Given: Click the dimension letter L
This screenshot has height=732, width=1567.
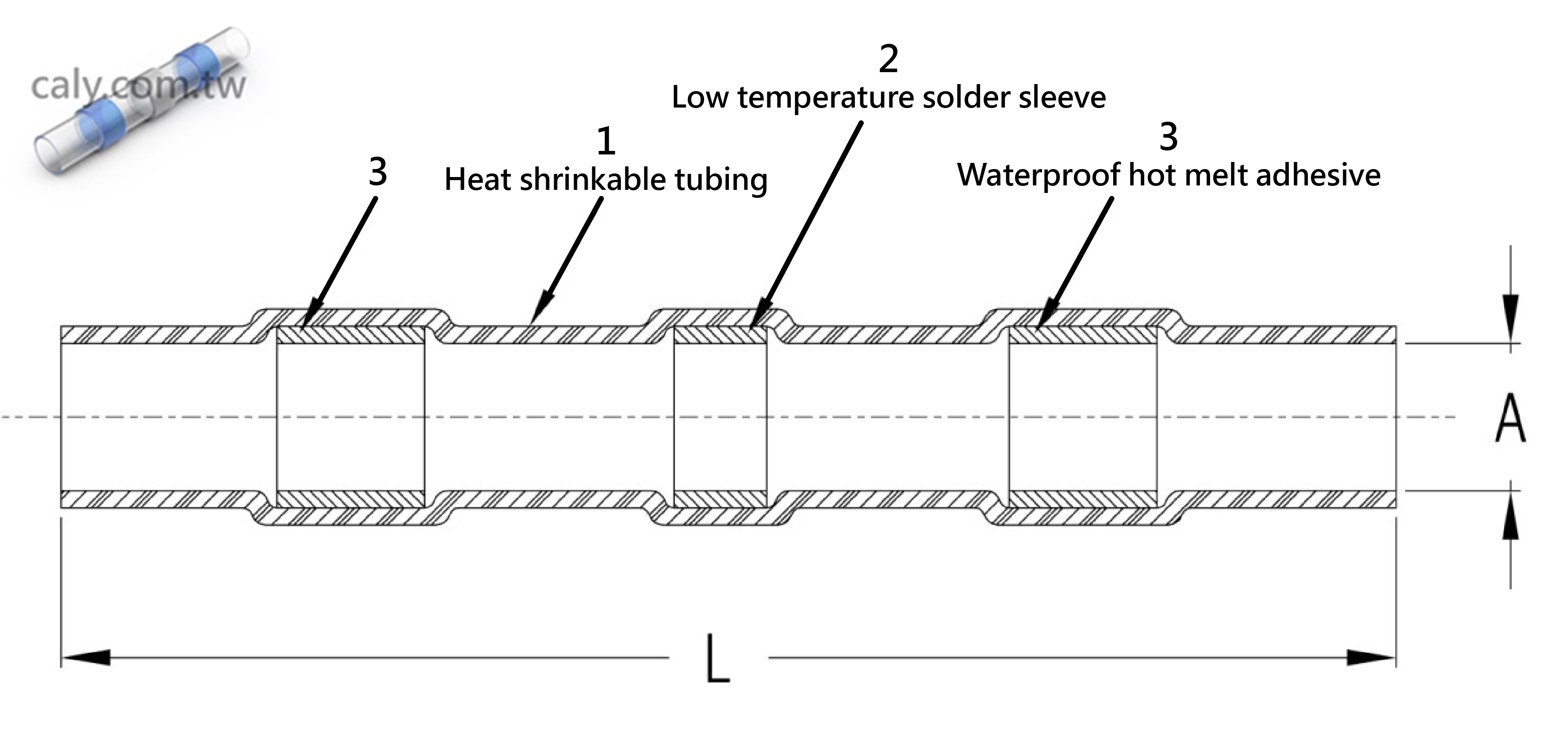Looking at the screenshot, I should click(x=718, y=659).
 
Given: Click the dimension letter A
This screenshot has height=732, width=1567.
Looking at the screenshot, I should click(x=1510, y=418).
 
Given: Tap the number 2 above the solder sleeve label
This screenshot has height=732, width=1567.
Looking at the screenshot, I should click(x=888, y=59).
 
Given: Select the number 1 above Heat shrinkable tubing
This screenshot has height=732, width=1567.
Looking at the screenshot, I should click(x=605, y=142).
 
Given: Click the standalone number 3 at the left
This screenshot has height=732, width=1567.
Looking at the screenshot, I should click(x=378, y=172).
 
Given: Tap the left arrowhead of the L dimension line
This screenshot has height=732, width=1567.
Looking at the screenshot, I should click(x=85, y=657).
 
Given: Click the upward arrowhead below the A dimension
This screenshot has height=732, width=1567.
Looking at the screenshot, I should click(x=1510, y=517).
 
